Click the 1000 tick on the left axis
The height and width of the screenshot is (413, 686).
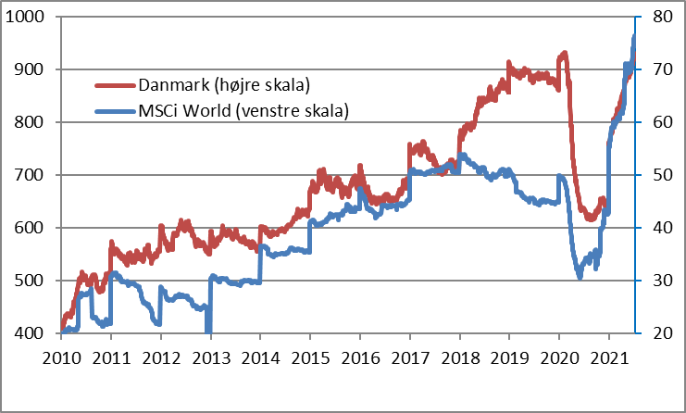(30, 17)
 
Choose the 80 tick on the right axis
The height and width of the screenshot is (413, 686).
(659, 17)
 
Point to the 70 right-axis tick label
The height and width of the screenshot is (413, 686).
(659, 69)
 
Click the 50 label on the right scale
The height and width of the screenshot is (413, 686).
(659, 175)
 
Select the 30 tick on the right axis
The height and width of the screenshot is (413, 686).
(659, 281)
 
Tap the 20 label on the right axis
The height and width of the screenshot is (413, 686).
(659, 333)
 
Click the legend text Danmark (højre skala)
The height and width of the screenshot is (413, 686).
(223, 86)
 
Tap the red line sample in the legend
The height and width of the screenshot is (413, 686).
(116, 86)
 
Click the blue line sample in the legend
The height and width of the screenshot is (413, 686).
(116, 112)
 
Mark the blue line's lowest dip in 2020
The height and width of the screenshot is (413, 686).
(580, 276)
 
